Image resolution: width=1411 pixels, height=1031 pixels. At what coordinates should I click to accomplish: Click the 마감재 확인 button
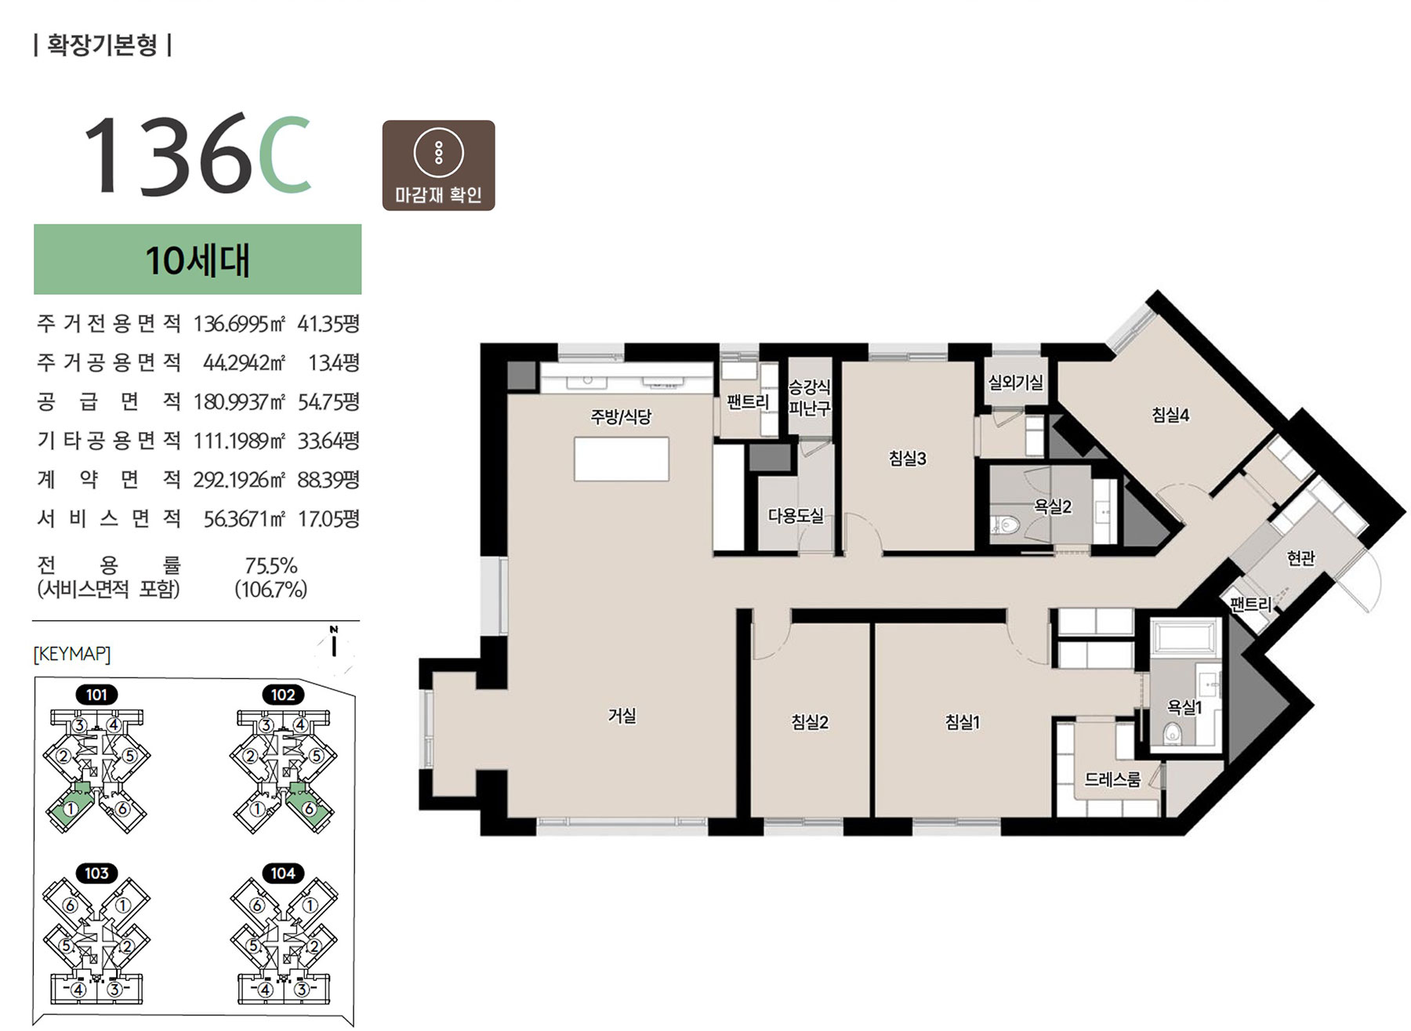(438, 165)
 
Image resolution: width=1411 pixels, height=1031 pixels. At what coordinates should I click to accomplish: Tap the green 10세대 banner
(198, 260)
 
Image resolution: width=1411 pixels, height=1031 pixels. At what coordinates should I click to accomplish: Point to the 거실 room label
(622, 715)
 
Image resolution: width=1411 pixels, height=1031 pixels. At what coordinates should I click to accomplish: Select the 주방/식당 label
(621, 416)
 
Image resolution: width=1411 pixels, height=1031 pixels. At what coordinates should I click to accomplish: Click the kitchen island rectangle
(622, 459)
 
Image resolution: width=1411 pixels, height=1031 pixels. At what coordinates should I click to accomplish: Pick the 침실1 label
(963, 722)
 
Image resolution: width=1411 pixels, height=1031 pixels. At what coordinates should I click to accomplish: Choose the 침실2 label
(810, 722)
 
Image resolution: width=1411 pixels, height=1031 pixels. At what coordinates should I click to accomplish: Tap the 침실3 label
(907, 459)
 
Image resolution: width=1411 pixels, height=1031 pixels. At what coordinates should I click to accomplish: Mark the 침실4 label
(1170, 415)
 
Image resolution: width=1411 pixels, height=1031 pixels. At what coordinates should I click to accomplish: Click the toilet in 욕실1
(1173, 733)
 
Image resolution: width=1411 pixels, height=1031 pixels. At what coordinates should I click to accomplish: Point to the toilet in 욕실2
(1004, 525)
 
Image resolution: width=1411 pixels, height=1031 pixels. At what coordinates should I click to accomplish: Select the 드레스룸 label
(1112, 779)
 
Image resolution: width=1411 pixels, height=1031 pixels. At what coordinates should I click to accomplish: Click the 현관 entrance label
(1300, 558)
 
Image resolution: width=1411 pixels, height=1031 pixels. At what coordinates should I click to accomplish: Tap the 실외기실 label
(1015, 383)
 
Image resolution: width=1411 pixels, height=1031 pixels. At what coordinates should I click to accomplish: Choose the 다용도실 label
(796, 516)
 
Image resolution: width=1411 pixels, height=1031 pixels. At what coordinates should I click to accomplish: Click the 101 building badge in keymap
(96, 695)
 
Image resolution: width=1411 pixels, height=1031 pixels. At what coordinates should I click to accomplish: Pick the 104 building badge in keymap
(283, 873)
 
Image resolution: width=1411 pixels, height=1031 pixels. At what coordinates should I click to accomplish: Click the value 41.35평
(328, 324)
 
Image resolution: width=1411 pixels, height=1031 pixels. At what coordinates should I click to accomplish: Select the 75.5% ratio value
(271, 565)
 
